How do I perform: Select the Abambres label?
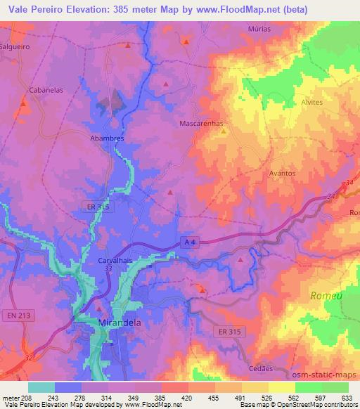tap(107, 138)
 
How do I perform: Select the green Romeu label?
tap(326, 296)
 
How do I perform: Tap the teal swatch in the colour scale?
tap(41, 387)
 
